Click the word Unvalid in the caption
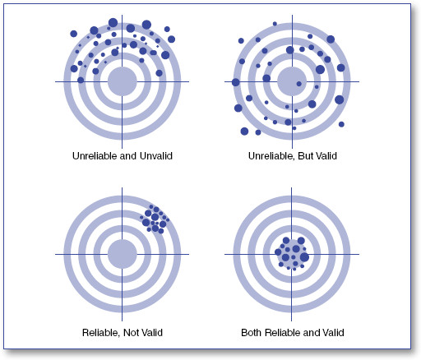click(x=156, y=156)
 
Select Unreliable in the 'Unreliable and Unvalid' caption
click(x=95, y=156)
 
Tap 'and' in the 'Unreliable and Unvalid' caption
click(x=129, y=156)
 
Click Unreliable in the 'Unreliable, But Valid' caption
click(x=271, y=156)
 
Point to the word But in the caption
click(x=304, y=156)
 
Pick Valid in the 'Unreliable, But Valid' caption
click(x=326, y=156)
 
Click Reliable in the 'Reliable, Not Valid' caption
click(x=101, y=333)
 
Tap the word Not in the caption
click(x=131, y=333)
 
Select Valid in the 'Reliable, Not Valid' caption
click(x=151, y=333)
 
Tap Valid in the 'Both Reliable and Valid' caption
click(x=333, y=333)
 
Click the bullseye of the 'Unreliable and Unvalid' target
click(x=122, y=81)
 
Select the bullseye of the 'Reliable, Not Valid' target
click(x=122, y=254)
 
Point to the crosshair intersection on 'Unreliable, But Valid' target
click(x=292, y=81)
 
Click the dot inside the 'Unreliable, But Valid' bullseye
click(x=299, y=84)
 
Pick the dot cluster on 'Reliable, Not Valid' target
click(x=155, y=219)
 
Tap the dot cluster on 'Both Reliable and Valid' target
click(x=292, y=254)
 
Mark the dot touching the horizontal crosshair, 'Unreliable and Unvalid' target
click(x=81, y=80)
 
